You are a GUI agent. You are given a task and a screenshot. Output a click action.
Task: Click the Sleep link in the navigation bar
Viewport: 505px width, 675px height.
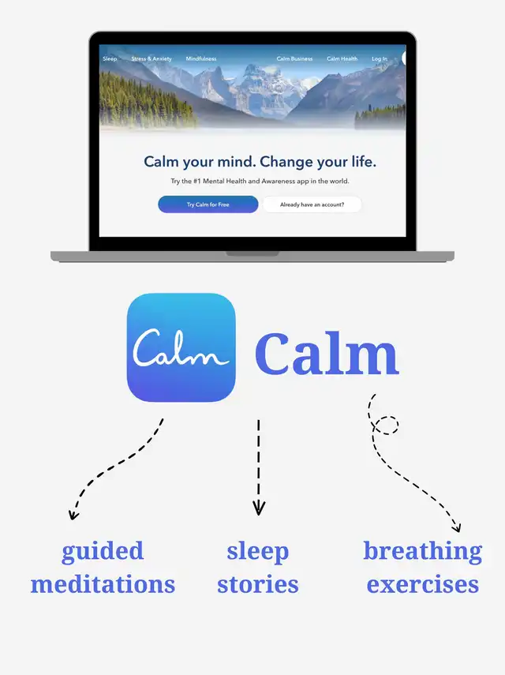pyautogui.click(x=110, y=58)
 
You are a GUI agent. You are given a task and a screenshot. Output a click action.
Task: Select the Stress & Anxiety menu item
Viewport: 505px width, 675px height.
pyautogui.click(x=151, y=58)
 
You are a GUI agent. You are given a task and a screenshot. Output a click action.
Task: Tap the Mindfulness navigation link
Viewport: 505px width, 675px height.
pyautogui.click(x=201, y=58)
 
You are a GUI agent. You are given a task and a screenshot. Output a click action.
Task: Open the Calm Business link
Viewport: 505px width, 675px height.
pyautogui.click(x=294, y=58)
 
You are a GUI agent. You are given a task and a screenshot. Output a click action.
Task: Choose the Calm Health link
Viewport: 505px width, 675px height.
pyautogui.click(x=342, y=58)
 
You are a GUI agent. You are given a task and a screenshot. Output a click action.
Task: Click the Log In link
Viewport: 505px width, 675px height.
pyautogui.click(x=380, y=58)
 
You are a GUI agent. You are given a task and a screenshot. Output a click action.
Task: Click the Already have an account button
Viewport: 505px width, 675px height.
pyautogui.click(x=312, y=204)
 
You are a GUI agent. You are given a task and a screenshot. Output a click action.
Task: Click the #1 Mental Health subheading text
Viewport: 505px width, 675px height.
pyautogui.click(x=260, y=182)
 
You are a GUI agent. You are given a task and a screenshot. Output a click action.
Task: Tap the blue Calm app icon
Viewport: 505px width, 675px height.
pyautogui.click(x=181, y=347)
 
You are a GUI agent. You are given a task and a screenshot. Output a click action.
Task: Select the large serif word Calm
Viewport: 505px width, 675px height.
pyautogui.click(x=327, y=354)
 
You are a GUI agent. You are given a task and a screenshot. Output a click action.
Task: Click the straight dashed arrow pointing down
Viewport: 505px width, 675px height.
pyautogui.click(x=259, y=467)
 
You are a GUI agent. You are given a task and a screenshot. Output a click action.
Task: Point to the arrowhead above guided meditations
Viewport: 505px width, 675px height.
pyautogui.click(x=73, y=515)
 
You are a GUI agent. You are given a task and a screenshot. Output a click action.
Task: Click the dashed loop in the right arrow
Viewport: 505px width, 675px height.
pyautogui.click(x=386, y=425)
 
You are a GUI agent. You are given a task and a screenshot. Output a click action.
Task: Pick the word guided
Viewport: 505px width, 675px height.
pyautogui.click(x=103, y=552)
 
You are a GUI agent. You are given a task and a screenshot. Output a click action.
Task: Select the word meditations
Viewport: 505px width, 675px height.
pyautogui.click(x=103, y=584)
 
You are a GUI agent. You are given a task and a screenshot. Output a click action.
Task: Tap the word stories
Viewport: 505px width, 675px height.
pyautogui.click(x=258, y=584)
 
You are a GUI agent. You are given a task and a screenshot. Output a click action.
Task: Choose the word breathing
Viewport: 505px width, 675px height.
pyautogui.click(x=422, y=552)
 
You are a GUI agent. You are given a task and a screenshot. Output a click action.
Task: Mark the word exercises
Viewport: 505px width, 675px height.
pyautogui.click(x=422, y=584)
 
